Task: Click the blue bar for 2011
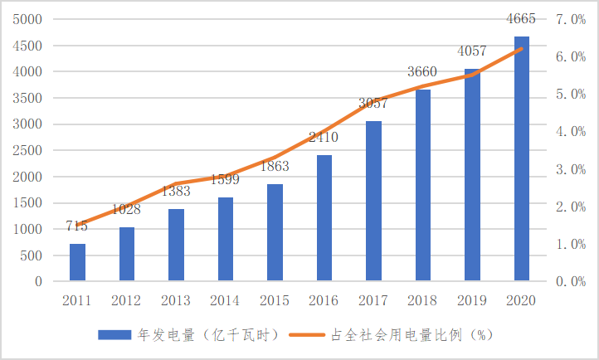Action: pyautogui.click(x=77, y=262)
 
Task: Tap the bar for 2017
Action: pyautogui.click(x=373, y=201)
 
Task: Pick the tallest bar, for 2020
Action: pyautogui.click(x=522, y=158)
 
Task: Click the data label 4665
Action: pyautogui.click(x=520, y=19)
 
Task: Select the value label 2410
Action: pyautogui.click(x=324, y=137)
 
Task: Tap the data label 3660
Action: pyautogui.click(x=422, y=71)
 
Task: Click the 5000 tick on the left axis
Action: pyautogui.click(x=28, y=19)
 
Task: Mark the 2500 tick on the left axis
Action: pyautogui.click(x=28, y=150)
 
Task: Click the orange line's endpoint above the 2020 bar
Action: pyautogui.click(x=522, y=49)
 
